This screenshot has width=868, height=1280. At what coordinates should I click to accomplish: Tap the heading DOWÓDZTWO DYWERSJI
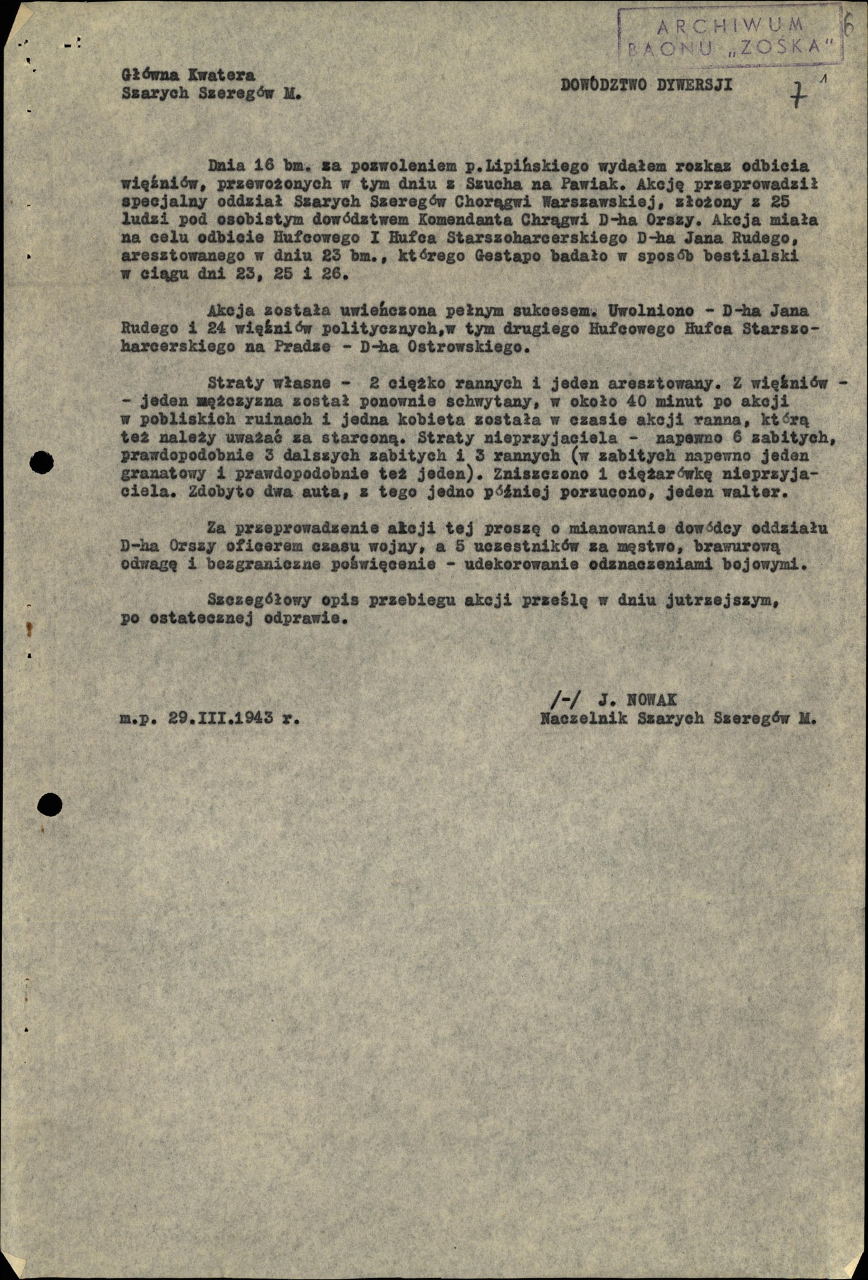pos(646,85)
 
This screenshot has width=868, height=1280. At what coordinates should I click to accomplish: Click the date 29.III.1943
pos(221,718)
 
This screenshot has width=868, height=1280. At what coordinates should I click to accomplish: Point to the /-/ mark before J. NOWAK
pos(566,700)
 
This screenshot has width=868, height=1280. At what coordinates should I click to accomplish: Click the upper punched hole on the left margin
pos(41,463)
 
